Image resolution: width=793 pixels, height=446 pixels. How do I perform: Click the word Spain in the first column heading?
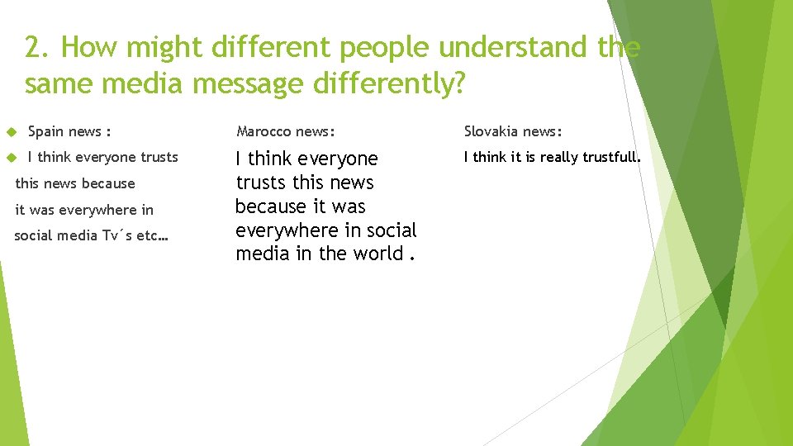46,131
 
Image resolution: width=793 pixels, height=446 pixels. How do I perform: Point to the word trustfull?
610,157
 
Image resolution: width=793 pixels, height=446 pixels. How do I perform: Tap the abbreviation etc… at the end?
153,235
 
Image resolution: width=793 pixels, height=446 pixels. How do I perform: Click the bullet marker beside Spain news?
12,132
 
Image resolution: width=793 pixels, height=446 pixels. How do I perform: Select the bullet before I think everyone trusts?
12,158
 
